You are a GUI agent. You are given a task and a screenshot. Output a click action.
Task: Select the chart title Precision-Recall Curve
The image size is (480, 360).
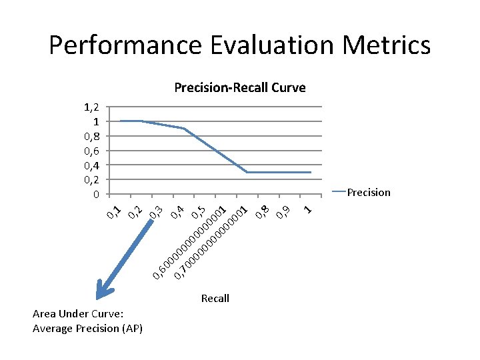[239, 87]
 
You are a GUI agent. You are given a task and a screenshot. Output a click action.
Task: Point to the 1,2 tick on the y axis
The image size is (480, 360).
[92, 107]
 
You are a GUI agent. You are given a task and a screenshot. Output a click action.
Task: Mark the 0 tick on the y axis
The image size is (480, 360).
[97, 195]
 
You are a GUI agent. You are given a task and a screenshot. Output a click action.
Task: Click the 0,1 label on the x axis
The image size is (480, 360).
[114, 213]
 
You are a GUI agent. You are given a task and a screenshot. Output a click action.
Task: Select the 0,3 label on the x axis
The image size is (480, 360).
[156, 213]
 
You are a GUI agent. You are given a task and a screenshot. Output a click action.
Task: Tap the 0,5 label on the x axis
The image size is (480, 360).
[197, 213]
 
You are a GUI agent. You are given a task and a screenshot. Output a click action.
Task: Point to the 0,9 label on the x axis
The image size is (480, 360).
[283, 212]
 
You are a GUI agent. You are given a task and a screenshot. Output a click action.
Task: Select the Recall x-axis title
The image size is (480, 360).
[215, 299]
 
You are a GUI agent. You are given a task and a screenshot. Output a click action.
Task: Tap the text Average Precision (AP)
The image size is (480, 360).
[87, 328]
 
